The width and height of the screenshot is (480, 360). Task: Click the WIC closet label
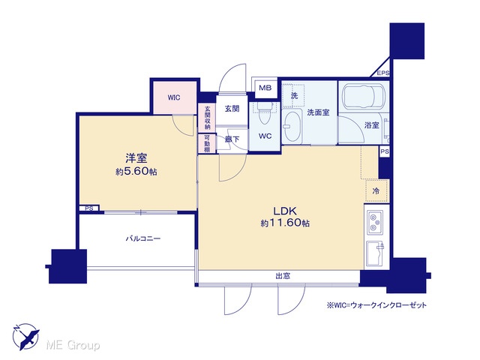pyautogui.click(x=174, y=97)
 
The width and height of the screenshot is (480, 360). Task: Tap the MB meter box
pyautogui.click(x=265, y=88)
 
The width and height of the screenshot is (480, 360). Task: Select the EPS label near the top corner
pyautogui.click(x=383, y=73)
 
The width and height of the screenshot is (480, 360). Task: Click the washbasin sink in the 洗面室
pyautogui.click(x=292, y=127)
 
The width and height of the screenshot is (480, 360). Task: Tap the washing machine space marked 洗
pyautogui.click(x=293, y=95)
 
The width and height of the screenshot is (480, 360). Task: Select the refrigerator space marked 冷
pyautogui.click(x=376, y=191)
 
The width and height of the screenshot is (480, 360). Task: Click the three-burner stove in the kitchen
pyautogui.click(x=375, y=223)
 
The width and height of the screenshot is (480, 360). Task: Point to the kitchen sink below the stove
pyautogui.click(x=375, y=253)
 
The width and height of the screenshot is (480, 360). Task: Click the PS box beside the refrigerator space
pyautogui.click(x=385, y=151)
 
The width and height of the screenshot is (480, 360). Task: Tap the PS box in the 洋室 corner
pyautogui.click(x=89, y=208)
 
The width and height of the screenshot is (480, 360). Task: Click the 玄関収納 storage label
pyautogui.click(x=207, y=118)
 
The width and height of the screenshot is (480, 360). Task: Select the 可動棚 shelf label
pyautogui.click(x=207, y=143)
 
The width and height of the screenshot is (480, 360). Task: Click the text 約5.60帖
pyautogui.click(x=136, y=172)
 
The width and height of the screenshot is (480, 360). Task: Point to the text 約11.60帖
pyautogui.click(x=285, y=223)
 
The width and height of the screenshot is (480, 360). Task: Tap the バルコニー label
pyautogui.click(x=143, y=238)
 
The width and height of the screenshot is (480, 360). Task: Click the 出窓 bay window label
pyautogui.click(x=283, y=276)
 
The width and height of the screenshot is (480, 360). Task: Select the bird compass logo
pyautogui.click(x=25, y=337)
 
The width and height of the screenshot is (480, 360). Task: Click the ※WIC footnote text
pyautogui.click(x=376, y=305)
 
